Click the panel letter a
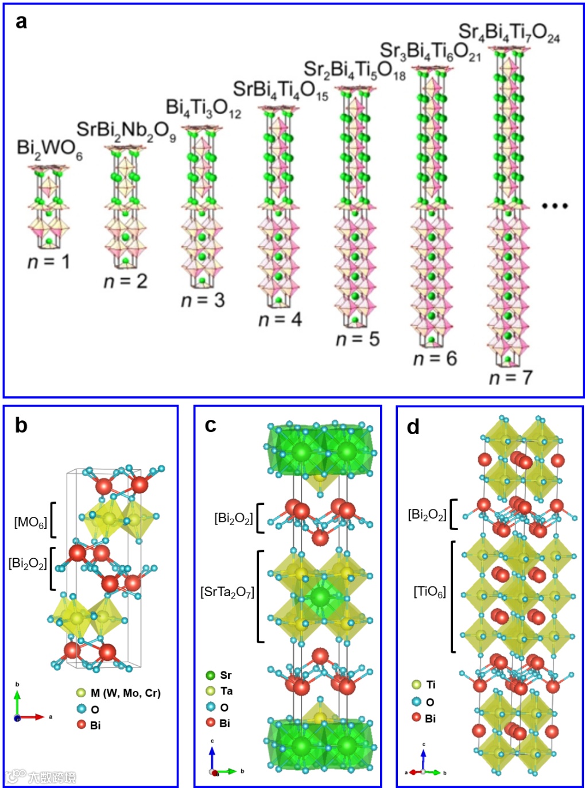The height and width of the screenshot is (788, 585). (x=21, y=22)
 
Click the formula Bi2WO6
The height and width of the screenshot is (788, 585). (x=49, y=149)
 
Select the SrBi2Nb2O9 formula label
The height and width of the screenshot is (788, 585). (x=126, y=131)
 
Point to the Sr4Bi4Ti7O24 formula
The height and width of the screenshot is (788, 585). (x=509, y=33)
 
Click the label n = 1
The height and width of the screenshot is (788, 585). (x=49, y=262)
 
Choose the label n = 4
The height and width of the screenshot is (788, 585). (x=280, y=319)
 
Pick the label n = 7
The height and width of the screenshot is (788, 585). (x=510, y=377)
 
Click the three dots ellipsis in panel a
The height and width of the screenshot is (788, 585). (x=555, y=206)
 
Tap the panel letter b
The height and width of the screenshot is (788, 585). (x=21, y=426)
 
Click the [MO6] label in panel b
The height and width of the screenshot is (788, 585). (x=30, y=523)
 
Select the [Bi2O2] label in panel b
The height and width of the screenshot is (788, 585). (x=28, y=563)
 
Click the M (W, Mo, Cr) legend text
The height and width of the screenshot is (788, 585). (x=125, y=693)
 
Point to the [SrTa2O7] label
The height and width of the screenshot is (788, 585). (x=227, y=592)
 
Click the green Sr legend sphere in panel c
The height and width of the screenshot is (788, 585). (x=211, y=675)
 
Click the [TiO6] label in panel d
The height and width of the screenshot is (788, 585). (x=429, y=592)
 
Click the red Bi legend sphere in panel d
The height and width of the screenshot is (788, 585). (x=416, y=717)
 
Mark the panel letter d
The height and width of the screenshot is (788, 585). (x=413, y=427)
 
